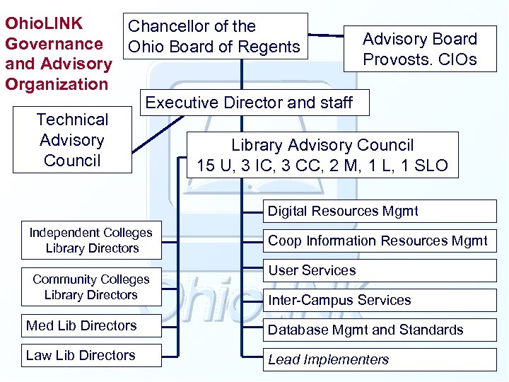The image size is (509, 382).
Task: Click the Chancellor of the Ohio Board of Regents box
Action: [215, 37]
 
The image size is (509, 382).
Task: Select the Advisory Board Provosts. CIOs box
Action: [420, 49]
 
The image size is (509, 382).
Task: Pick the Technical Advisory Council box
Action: [72, 140]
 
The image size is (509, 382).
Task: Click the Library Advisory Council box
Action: [322, 155]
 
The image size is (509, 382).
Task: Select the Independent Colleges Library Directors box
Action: [91, 241]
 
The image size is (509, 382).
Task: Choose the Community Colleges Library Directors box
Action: [91, 287]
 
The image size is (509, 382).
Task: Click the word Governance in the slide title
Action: [54, 44]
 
